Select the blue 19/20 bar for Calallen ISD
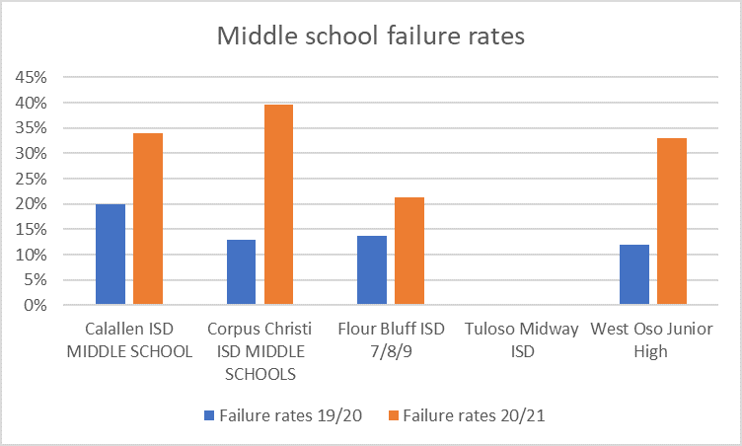111,255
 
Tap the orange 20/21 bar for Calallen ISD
148,219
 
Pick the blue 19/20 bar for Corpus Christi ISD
241,272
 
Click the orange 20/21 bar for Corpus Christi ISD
278,205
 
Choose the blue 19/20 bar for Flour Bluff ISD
372,270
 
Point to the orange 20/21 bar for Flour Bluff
409,252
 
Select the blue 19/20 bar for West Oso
634,274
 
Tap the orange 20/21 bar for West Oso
672,222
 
